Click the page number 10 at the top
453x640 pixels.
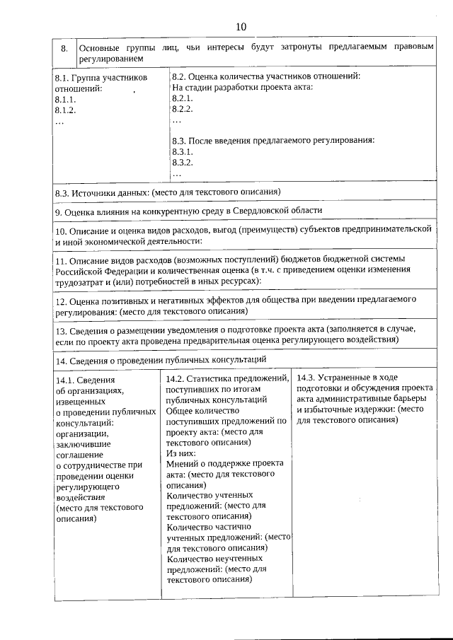(x=241, y=27)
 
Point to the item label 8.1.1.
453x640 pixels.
(x=65, y=100)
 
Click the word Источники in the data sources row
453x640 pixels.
(x=94, y=192)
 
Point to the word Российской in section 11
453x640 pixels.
(x=81, y=270)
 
